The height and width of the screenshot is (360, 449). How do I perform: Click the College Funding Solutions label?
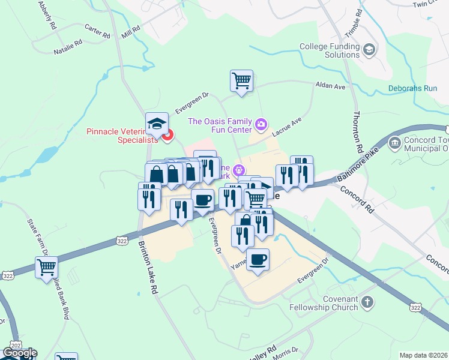329,50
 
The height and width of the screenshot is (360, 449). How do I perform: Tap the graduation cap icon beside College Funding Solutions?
370,49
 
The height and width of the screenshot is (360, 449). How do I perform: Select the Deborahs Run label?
412,88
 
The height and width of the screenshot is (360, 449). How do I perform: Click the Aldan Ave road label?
331,86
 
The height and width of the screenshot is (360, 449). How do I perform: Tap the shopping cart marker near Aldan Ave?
241,81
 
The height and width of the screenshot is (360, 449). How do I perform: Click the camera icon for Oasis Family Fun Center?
261,125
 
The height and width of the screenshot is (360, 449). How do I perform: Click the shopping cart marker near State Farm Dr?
46,267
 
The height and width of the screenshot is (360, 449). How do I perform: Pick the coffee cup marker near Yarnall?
258,260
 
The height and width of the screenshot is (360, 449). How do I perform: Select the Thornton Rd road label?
358,131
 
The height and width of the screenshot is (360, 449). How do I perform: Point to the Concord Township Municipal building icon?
396,143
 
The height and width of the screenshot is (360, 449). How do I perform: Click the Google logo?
19,353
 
